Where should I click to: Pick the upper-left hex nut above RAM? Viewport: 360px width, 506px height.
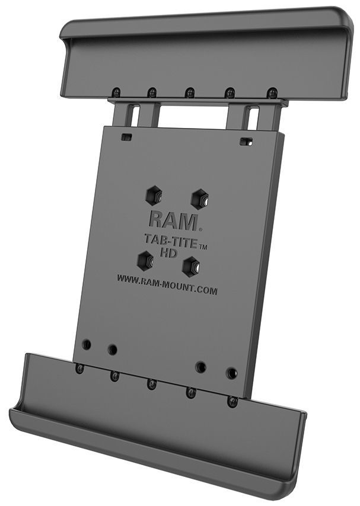[x=154, y=195]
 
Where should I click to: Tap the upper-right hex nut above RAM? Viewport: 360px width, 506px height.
[x=199, y=198]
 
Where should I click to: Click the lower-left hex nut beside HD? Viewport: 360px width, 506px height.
[x=144, y=259]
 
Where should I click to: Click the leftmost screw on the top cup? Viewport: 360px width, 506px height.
[x=116, y=92]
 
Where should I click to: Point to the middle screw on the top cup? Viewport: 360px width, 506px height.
[x=190, y=93]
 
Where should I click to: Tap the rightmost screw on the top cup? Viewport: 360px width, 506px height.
[x=272, y=93]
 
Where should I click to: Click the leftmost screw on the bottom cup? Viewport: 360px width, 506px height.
[x=79, y=369]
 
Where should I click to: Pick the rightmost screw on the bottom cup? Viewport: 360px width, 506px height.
[x=232, y=401]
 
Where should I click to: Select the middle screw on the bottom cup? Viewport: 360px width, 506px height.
[x=152, y=384]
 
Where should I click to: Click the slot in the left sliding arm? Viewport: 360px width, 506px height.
[x=135, y=115]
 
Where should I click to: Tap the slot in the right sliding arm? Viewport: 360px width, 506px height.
[x=254, y=117]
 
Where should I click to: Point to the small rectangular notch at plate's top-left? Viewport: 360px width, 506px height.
[x=126, y=137]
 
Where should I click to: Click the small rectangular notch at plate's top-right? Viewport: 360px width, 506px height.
[x=246, y=142]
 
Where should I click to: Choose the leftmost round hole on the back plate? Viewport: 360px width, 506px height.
[x=87, y=344]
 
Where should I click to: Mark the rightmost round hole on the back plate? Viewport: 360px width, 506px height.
[x=231, y=373]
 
